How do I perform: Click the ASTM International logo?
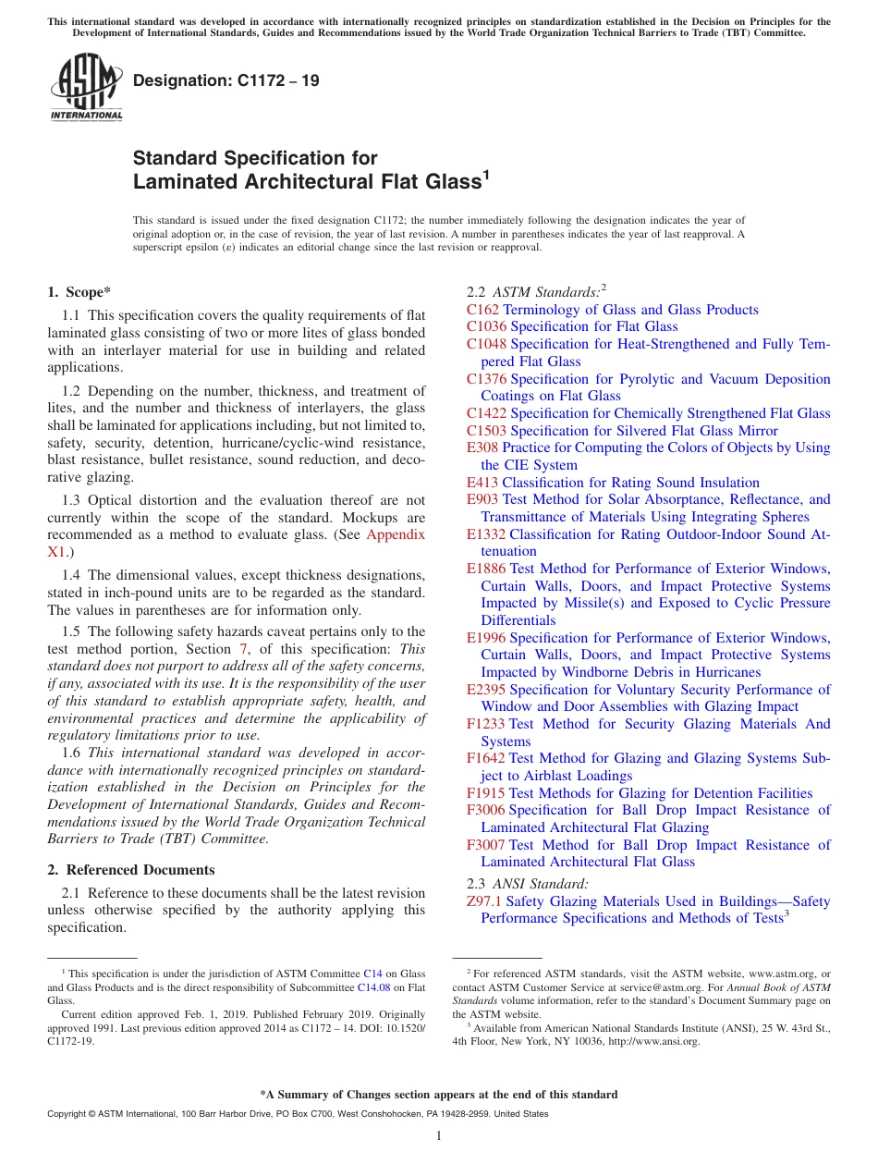click(86, 87)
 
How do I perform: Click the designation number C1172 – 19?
click(226, 80)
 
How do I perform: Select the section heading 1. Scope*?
click(79, 292)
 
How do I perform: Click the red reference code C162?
click(482, 310)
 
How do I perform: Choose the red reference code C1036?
click(486, 326)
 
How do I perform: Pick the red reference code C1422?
click(486, 413)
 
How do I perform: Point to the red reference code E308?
click(482, 447)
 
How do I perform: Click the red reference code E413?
click(482, 483)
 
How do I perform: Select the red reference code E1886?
click(486, 569)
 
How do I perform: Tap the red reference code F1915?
click(486, 793)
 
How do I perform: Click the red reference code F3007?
click(486, 845)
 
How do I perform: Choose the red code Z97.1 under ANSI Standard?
click(484, 901)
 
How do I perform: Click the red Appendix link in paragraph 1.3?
click(396, 534)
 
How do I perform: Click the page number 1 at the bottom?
click(439, 1136)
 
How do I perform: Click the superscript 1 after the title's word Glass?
click(485, 174)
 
